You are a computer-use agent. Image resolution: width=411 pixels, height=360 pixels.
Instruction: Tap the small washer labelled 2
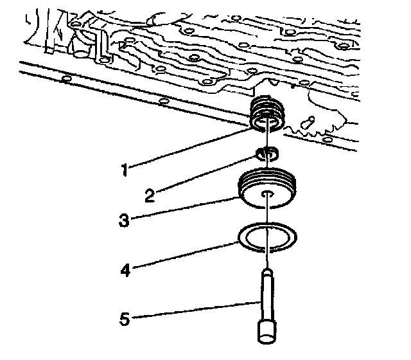[x=267, y=154]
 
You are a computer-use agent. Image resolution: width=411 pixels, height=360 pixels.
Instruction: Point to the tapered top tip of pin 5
[x=267, y=274]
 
